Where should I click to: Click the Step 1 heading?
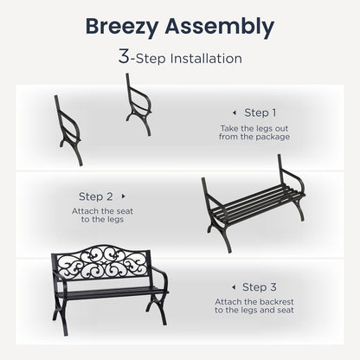tap(260, 112)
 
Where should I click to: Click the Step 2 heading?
tap(96, 196)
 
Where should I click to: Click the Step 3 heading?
tap(260, 286)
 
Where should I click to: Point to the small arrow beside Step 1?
tap(233, 112)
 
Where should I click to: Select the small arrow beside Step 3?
tap(232, 286)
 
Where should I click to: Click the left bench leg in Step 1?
tap(69, 131)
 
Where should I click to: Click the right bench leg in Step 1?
tap(139, 103)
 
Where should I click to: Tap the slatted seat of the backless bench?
tap(253, 205)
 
